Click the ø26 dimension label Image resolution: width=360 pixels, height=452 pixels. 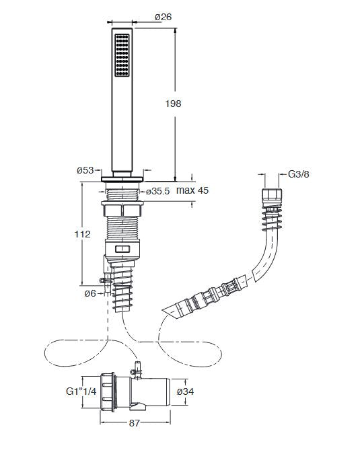coord(163,17)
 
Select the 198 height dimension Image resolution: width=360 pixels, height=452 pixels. coord(173,104)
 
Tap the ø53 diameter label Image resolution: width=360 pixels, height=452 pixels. coord(85,170)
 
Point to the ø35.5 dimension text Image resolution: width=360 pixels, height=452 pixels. coord(157,191)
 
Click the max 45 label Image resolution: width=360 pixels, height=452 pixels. coord(192,190)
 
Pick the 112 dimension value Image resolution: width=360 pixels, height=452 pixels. coord(83,234)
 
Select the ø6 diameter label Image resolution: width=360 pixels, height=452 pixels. coord(90,293)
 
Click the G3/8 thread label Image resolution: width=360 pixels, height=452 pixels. coord(299,174)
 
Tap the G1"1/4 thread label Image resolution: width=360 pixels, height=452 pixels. coord(81,391)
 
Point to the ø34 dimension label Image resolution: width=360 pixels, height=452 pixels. coord(185,391)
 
